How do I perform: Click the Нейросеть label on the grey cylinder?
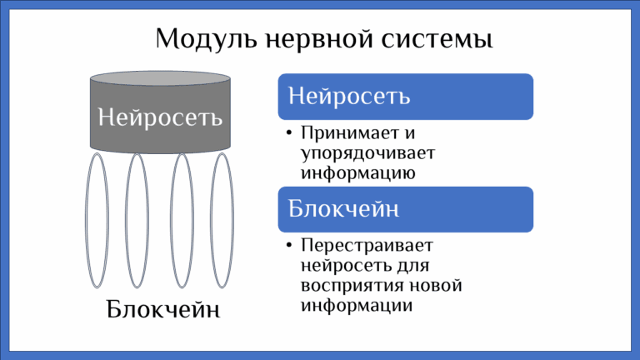tap(160, 116)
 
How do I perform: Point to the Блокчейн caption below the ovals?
tap(163, 310)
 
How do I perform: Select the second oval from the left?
tap(137, 220)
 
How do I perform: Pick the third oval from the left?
tap(182, 220)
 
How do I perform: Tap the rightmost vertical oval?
tap(221, 220)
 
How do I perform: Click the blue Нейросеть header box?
tap(405, 96)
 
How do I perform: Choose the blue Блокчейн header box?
tap(405, 208)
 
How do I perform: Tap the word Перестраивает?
tap(367, 247)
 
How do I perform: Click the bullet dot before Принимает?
tap(287, 134)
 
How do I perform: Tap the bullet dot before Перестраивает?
tap(287, 247)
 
